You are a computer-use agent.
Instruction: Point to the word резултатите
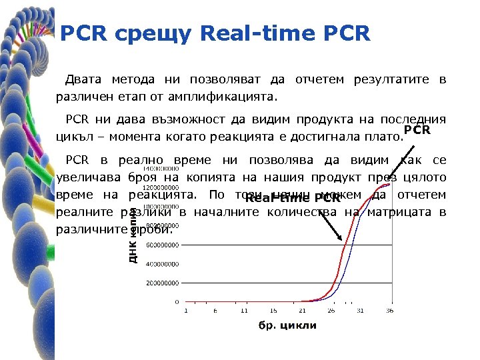(392, 80)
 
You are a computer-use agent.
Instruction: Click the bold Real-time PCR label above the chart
(293, 199)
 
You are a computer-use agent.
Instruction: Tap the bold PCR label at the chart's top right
(417, 130)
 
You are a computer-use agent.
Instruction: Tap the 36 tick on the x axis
(389, 310)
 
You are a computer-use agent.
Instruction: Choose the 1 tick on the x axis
(186, 310)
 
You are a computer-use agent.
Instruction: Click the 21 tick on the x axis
(302, 310)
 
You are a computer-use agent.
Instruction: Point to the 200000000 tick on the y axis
(162, 283)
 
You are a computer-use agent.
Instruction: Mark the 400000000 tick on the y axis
(162, 265)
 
